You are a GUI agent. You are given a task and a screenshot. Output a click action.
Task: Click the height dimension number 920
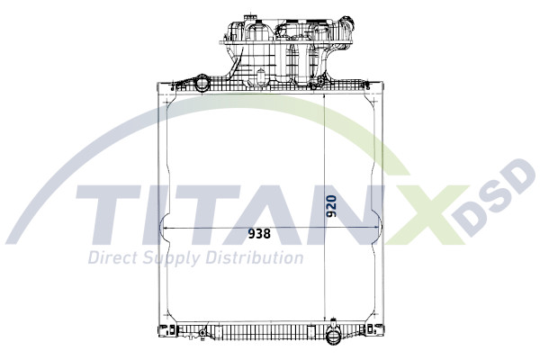(332, 206)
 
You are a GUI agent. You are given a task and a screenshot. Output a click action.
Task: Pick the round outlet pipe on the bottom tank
(333, 340)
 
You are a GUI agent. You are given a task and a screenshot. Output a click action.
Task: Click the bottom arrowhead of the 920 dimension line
(323, 316)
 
